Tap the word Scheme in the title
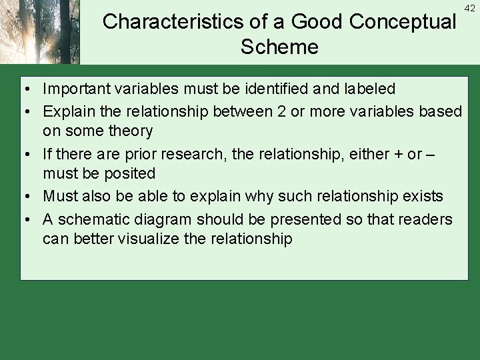279,47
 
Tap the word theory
131,131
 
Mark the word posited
131,173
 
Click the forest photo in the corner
40,32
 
